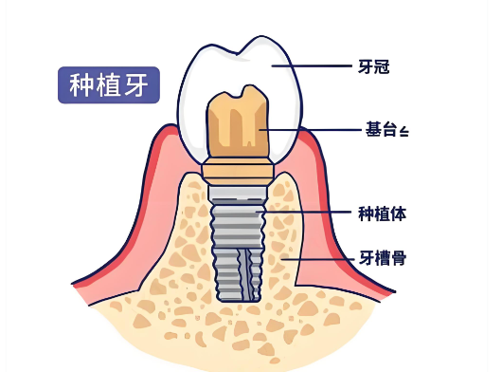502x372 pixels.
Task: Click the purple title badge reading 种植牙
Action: [108, 84]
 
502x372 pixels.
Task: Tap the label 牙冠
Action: [375, 66]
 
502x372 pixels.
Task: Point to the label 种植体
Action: [383, 214]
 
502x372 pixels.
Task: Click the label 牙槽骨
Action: [383, 257]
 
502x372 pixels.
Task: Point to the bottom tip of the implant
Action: [238, 297]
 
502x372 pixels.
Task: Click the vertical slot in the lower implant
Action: [247, 270]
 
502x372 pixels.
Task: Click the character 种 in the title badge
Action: [82, 84]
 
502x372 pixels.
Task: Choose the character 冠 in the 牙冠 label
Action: [383, 66]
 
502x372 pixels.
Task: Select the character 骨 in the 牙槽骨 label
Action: [399, 257]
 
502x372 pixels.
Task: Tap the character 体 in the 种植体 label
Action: [399, 214]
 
